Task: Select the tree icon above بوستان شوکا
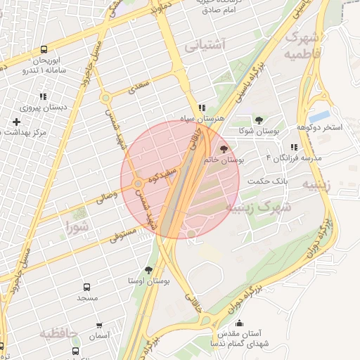[259, 121]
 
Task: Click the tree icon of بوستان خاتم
[224, 148]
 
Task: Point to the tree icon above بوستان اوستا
[148, 269]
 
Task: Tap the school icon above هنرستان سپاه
[202, 108]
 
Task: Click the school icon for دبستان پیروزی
[43, 97]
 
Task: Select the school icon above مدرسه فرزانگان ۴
[294, 147]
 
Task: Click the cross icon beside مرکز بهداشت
[16, 122]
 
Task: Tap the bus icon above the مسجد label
[87, 288]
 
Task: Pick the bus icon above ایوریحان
[44, 50]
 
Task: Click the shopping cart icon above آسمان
[99, 326]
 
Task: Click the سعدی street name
[139, 89]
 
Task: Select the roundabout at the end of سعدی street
[105, 98]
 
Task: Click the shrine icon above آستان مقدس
[239, 323]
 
